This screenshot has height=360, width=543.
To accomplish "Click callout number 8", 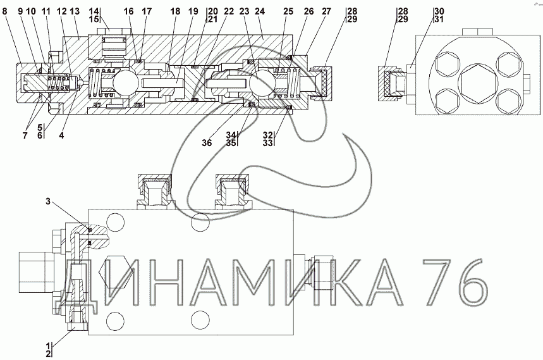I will point(5,11).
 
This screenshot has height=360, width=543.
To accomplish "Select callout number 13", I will point(75,11).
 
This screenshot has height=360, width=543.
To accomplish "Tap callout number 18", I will point(175,11).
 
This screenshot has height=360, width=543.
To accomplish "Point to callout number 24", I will point(259,11).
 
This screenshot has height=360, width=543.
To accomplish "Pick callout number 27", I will point(326,11).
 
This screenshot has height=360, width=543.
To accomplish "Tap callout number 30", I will point(439,11).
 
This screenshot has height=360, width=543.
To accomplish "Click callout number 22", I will point(228,11).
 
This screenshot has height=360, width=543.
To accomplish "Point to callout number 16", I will point(129,11).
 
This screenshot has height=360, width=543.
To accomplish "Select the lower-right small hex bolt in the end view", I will point(503,101).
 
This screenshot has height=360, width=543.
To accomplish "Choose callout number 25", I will point(288,11).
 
